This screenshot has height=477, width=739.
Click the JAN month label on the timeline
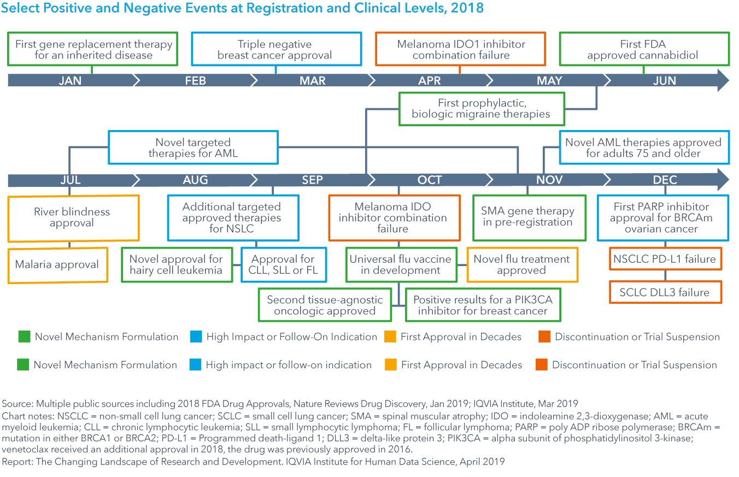point(70,80)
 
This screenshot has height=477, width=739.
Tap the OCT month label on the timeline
point(429,180)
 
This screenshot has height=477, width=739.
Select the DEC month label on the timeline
point(665,180)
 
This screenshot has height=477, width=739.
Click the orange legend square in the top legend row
point(544,337)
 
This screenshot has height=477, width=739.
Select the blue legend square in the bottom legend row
point(195,365)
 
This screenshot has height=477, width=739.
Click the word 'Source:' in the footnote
point(17,404)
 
